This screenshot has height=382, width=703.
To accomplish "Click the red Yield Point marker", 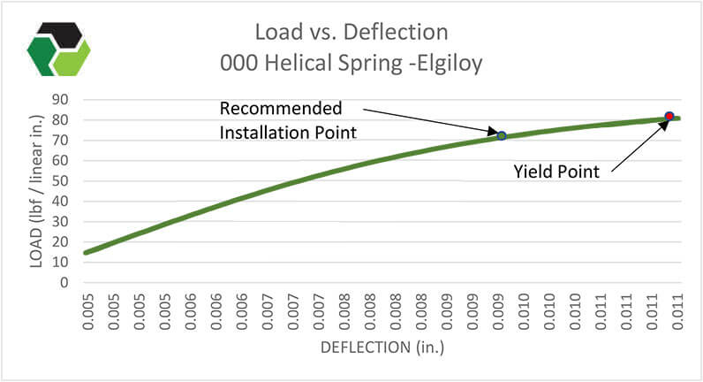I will [x=669, y=116].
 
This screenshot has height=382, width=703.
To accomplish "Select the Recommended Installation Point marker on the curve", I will [x=502, y=135].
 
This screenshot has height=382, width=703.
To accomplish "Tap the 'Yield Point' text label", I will [x=556, y=172].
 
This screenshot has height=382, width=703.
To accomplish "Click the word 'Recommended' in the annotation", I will [x=280, y=109].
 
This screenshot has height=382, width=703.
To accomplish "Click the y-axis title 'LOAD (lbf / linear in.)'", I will [x=38, y=191].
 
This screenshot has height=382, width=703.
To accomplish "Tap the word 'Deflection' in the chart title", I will [x=399, y=34].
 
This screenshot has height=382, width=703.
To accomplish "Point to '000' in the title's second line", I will [x=241, y=64].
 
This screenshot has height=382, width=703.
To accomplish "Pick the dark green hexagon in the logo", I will [x=43, y=57].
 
